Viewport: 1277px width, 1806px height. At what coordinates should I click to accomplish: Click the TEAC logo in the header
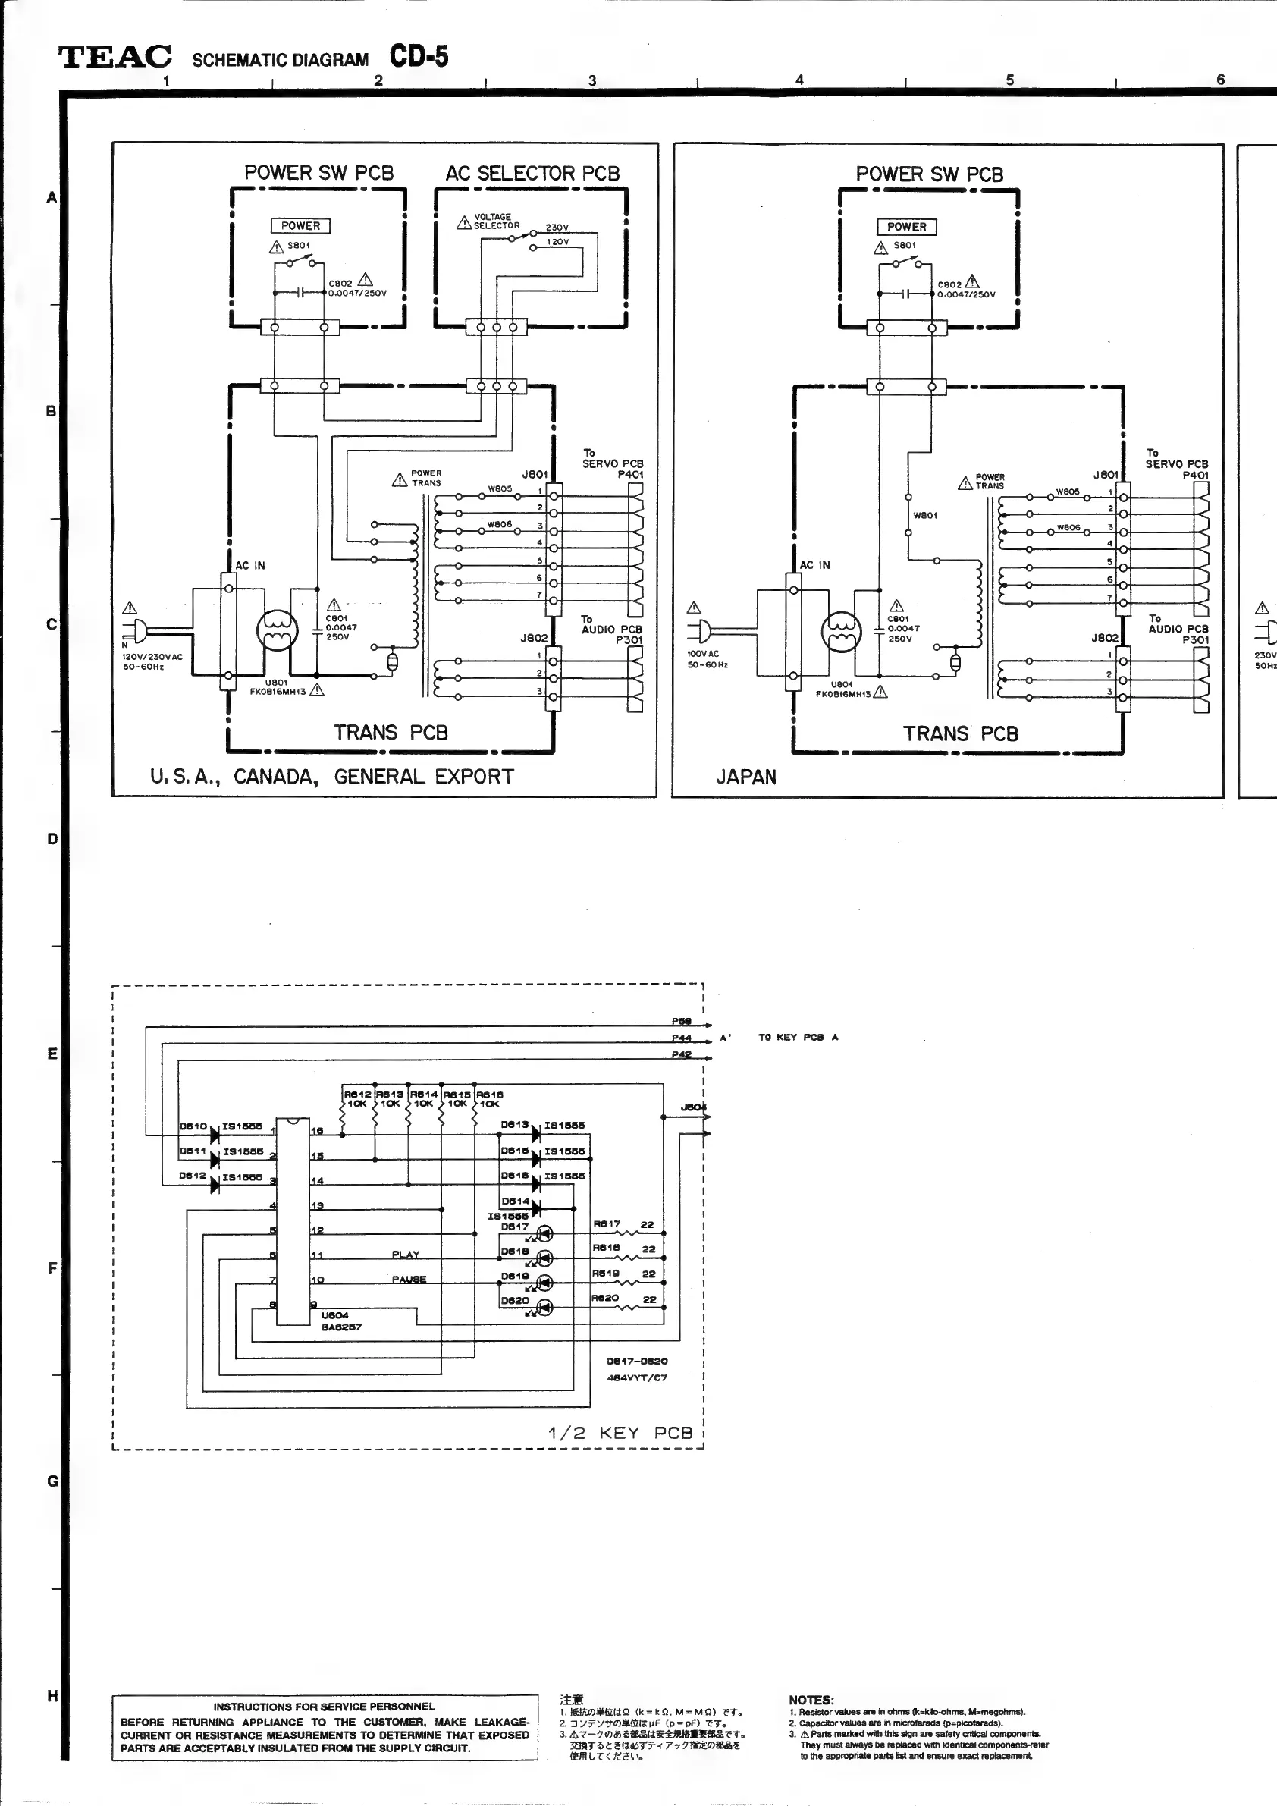click(x=115, y=58)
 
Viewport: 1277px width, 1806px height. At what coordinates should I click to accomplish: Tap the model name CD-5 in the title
click(x=419, y=57)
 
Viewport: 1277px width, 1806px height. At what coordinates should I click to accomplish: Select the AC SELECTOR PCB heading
click(x=532, y=174)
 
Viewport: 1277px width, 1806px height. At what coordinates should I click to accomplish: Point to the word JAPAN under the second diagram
click(x=745, y=778)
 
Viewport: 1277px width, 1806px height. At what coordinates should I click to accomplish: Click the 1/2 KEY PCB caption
click(x=620, y=1433)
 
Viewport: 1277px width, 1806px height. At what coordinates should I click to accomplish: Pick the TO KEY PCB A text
click(x=797, y=1038)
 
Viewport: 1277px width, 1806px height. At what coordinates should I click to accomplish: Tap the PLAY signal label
click(x=406, y=1255)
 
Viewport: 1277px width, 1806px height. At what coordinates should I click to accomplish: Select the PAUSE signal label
click(x=409, y=1280)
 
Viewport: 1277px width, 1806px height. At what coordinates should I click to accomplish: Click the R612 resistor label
click(x=357, y=1094)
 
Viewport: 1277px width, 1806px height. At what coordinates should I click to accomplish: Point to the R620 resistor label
click(x=605, y=1298)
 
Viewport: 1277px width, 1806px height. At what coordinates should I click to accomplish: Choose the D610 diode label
click(x=193, y=1126)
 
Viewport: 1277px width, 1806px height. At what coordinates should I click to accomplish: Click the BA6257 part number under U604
click(x=341, y=1327)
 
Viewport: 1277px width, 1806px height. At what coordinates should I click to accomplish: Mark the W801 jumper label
click(x=924, y=516)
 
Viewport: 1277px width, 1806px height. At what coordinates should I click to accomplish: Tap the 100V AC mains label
click(x=703, y=654)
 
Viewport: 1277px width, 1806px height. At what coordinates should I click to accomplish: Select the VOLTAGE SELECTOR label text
click(x=495, y=221)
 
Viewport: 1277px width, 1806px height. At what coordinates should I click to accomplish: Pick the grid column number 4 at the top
click(x=800, y=80)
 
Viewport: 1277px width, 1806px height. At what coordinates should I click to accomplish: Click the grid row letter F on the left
click(x=52, y=1268)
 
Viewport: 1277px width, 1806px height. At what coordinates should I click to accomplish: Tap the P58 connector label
click(x=681, y=1022)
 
